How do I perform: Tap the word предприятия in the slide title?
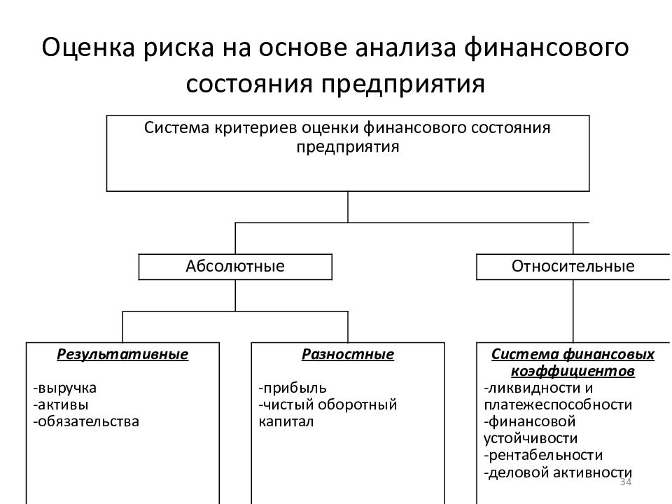[403, 84]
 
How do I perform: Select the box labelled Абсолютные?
[235, 267]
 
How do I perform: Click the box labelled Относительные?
[573, 267]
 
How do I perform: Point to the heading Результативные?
[122, 354]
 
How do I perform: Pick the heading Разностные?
[348, 354]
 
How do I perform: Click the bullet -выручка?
[64, 388]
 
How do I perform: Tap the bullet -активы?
[61, 405]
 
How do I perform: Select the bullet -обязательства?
[86, 421]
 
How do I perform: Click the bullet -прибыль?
[293, 388]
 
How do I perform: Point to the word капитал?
[286, 421]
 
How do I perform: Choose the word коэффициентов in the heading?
[573, 371]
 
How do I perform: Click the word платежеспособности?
[558, 405]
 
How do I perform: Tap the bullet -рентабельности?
[543, 455]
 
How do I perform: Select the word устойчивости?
[531, 438]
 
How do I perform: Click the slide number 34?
[626, 482]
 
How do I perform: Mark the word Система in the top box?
[176, 127]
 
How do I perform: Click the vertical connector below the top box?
[348, 207]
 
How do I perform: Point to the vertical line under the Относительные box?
[573, 311]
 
